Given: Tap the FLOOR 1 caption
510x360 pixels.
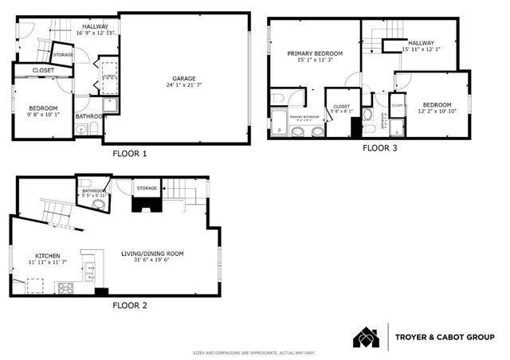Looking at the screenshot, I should pyautogui.click(x=129, y=153).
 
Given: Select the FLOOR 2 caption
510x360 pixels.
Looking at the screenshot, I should pyautogui.click(x=129, y=305).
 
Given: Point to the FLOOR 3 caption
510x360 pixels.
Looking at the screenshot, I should pyautogui.click(x=382, y=148).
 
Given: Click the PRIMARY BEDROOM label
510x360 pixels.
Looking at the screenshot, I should pyautogui.click(x=313, y=53).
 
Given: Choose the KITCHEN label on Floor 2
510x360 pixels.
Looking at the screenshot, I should pyautogui.click(x=47, y=255).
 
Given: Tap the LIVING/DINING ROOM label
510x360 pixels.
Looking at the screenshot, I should pyautogui.click(x=152, y=253).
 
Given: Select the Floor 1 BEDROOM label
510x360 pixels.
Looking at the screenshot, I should pyautogui.click(x=44, y=108).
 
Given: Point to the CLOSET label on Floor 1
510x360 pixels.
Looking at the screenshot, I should pyautogui.click(x=44, y=71).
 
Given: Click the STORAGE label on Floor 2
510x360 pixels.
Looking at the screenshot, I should pyautogui.click(x=147, y=189).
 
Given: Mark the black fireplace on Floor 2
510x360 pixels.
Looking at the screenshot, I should pyautogui.click(x=145, y=206).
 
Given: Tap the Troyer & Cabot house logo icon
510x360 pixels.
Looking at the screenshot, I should pyautogui.click(x=367, y=337).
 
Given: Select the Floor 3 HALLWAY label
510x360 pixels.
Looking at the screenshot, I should pyautogui.click(x=421, y=43).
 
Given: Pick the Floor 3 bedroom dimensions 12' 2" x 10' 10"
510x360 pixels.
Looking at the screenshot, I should pyautogui.click(x=437, y=112).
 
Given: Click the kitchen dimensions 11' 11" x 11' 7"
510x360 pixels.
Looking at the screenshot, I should pyautogui.click(x=47, y=262).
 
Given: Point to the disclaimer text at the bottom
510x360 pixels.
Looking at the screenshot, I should pyautogui.click(x=254, y=353).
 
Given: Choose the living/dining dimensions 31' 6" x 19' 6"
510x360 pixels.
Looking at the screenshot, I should pyautogui.click(x=152, y=260).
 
